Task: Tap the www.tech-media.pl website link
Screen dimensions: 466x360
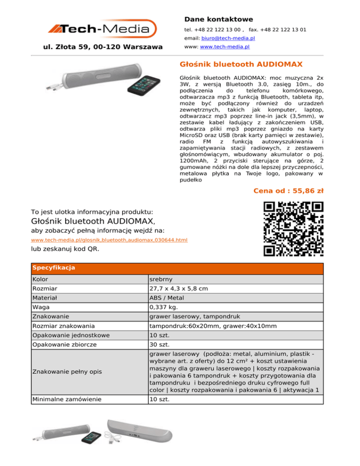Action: (224, 47)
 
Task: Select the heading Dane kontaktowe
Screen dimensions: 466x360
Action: (218, 19)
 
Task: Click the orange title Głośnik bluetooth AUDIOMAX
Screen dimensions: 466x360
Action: (241, 63)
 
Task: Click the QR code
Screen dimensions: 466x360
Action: (293, 229)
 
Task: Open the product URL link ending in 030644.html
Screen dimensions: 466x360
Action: (109, 240)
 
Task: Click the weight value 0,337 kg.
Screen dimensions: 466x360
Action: (164, 308)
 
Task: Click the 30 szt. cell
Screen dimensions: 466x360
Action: (160, 345)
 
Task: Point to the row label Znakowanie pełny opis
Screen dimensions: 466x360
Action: (67, 372)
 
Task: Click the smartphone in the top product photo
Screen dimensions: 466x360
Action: (150, 89)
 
